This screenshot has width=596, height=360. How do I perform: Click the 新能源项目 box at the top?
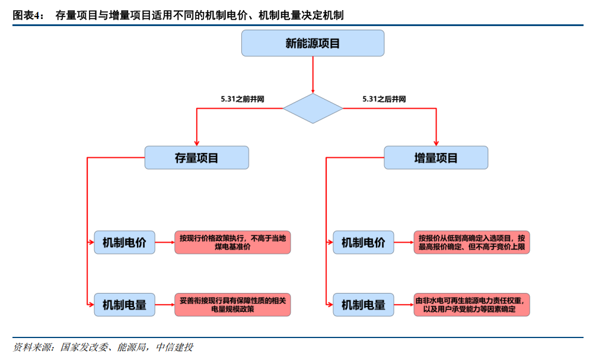[x=313, y=43]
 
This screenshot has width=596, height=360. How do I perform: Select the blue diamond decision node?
[x=313, y=109]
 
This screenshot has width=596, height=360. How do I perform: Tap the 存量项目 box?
[x=196, y=158]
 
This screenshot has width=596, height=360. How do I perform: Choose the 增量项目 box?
[x=436, y=158]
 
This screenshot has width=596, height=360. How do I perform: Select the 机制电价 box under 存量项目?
[x=125, y=243]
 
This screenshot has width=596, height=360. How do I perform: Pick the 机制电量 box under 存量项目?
[x=125, y=305]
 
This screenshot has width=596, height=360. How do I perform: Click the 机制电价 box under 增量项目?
[x=364, y=243]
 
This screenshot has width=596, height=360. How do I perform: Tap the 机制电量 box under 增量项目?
[x=364, y=305]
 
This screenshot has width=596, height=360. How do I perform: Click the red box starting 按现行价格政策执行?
[x=232, y=243]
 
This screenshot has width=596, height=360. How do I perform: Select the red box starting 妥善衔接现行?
[x=232, y=305]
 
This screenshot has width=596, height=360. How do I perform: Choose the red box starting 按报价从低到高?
[x=471, y=243]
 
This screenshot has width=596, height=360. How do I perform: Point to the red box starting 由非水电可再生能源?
[x=471, y=305]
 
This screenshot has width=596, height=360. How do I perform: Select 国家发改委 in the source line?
[x=84, y=347]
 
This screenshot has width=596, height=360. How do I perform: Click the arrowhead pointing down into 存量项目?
[x=196, y=142]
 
